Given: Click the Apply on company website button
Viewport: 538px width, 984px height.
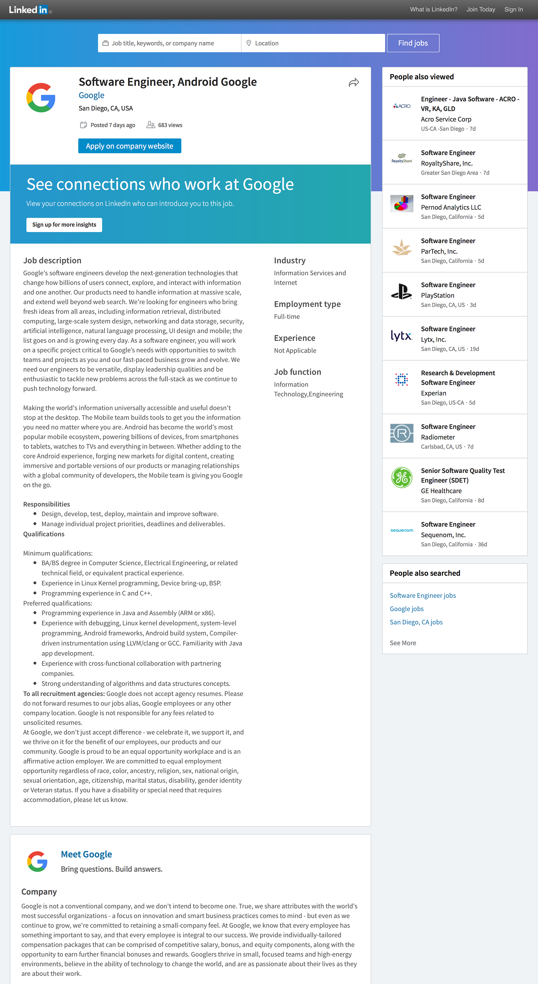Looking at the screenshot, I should tap(130, 146).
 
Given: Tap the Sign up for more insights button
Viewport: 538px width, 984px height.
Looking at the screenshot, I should tap(64, 224).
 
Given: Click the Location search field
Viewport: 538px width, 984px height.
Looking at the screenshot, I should tap(313, 43).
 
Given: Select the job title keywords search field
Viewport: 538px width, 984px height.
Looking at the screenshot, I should tap(170, 43).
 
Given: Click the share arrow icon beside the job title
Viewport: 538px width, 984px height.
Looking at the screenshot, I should tap(354, 83).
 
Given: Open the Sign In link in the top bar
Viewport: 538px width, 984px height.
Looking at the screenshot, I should tap(513, 10).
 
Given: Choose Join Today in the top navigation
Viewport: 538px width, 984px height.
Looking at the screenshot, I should tap(481, 10).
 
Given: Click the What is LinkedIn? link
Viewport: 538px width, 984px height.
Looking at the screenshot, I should tap(434, 10).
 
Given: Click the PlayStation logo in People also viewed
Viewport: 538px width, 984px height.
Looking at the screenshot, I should tap(402, 292).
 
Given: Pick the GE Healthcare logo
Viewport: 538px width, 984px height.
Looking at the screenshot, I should tap(402, 477).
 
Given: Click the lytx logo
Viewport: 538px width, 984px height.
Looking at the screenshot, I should tap(402, 336).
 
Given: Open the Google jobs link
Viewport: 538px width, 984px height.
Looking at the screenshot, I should tap(406, 609).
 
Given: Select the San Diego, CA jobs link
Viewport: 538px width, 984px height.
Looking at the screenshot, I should tap(416, 622).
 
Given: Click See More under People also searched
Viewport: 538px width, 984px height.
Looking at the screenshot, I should tap(403, 643).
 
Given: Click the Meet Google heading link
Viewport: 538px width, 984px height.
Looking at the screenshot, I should tap(86, 854).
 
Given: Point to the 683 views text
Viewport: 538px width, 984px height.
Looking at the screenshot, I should tap(170, 125).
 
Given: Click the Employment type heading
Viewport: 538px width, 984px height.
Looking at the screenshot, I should tap(307, 304).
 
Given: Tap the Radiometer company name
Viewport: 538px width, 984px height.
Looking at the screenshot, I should tap(438, 437).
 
